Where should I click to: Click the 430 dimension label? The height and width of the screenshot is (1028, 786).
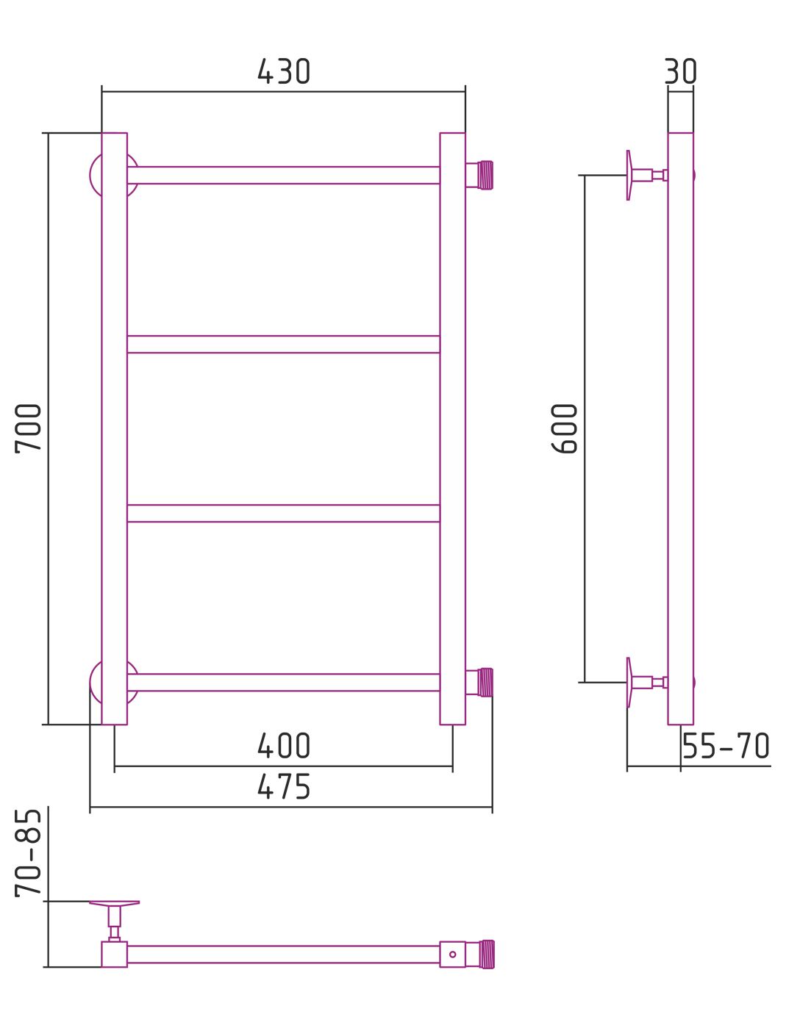point(283,71)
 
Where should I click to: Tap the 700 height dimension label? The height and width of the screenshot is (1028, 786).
point(28,428)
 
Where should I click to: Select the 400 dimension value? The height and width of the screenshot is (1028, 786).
point(283,745)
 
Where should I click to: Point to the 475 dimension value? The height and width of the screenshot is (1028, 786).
point(283,786)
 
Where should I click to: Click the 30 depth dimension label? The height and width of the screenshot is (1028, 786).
point(681,71)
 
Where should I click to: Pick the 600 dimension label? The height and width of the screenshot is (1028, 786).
point(564,428)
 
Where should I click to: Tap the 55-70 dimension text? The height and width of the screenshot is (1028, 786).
point(726,745)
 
